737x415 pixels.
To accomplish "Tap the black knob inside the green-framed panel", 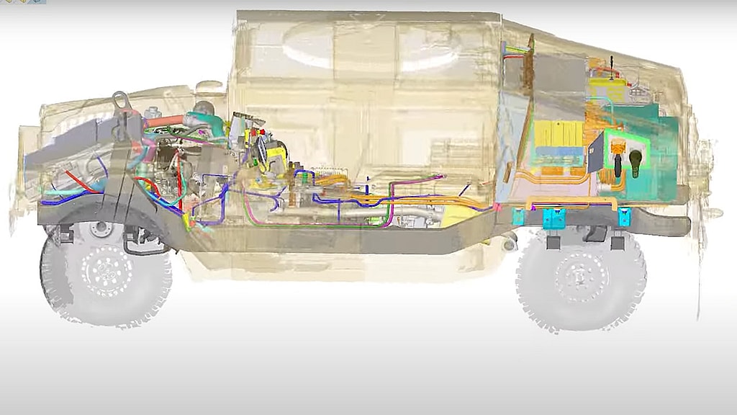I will pyautogui.click(x=637, y=158).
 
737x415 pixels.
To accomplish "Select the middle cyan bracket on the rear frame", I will pyautogui.click(x=553, y=218).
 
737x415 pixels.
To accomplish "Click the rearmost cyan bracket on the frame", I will pyautogui.click(x=624, y=215).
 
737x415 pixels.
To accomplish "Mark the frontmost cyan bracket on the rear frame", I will pyautogui.click(x=517, y=216).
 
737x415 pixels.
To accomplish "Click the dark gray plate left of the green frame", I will pyautogui.click(x=596, y=155).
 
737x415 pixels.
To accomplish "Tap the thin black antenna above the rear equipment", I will pyautogui.click(x=611, y=66).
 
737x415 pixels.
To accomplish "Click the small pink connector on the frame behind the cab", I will pyautogui.click(x=496, y=207).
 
